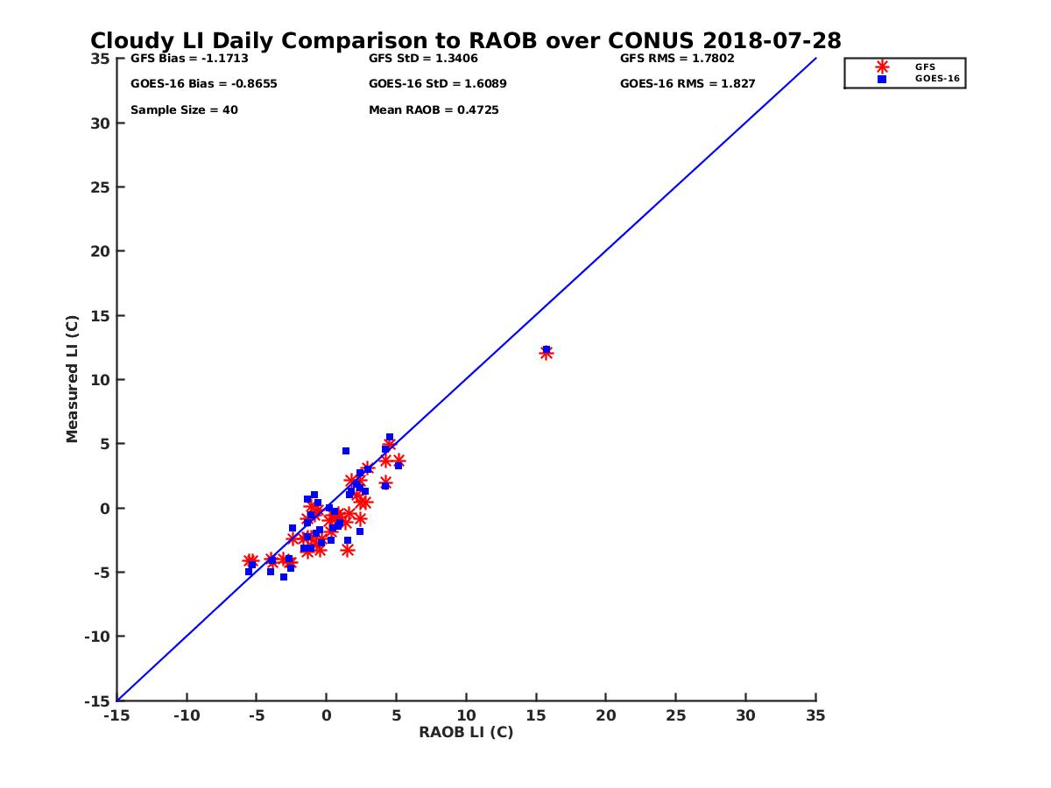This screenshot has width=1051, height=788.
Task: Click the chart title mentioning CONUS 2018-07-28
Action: (x=466, y=40)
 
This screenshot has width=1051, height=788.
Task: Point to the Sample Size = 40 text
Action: (x=184, y=110)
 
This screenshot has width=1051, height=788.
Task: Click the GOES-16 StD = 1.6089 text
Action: (x=438, y=84)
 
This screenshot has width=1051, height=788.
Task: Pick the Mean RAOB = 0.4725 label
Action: (x=434, y=110)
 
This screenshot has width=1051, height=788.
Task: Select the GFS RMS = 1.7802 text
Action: (x=677, y=59)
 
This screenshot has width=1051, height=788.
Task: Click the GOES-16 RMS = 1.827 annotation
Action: (x=688, y=84)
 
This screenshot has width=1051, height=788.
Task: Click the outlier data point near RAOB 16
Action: (x=547, y=352)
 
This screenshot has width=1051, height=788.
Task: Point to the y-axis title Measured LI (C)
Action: (x=72, y=379)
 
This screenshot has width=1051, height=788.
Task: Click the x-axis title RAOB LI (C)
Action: (x=466, y=732)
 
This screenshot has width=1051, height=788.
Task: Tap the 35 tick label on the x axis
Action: (x=815, y=715)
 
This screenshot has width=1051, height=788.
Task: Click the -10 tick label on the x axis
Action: (x=186, y=715)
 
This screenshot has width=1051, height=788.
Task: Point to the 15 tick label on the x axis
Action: (x=536, y=715)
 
